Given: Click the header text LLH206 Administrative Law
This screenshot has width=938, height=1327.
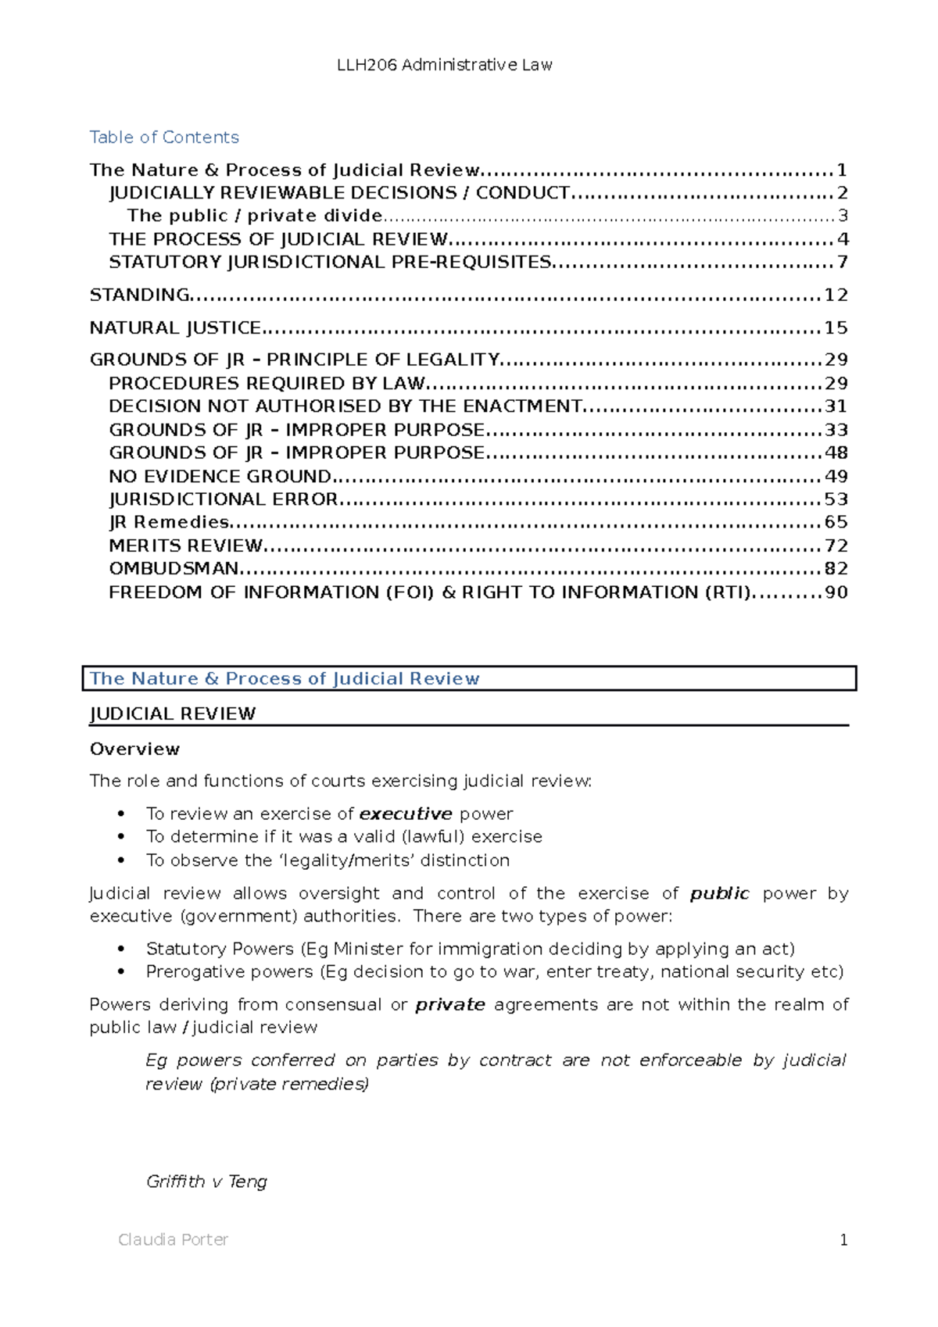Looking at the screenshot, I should click(444, 65).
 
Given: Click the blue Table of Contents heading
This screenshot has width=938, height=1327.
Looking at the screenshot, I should click(164, 138).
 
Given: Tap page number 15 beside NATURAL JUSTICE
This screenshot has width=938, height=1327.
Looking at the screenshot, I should click(836, 327).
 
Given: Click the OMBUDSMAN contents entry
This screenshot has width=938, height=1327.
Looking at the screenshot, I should click(174, 568).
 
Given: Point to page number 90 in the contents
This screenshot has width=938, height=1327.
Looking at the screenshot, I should click(836, 592).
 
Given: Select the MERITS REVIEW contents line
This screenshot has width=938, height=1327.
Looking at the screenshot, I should click(186, 545).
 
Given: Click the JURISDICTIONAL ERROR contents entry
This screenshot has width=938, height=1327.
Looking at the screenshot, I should click(224, 499).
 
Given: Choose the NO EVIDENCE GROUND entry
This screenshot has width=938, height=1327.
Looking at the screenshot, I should click(220, 476).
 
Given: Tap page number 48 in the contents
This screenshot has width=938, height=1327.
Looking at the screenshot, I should click(836, 452).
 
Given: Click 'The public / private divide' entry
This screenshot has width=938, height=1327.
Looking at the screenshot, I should click(255, 216).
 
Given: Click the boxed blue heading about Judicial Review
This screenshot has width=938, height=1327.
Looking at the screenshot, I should click(285, 678).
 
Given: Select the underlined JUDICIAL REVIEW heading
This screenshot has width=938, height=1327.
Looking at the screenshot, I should click(173, 714).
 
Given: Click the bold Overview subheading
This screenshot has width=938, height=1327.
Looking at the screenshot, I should click(134, 749).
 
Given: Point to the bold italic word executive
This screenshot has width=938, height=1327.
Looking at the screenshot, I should click(406, 814).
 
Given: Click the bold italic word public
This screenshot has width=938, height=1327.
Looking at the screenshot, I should click(719, 893).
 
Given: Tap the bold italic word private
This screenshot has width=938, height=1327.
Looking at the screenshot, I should click(449, 1004).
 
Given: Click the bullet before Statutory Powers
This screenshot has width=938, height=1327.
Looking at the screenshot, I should click(120, 949).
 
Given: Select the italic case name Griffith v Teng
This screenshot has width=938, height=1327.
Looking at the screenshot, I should click(206, 1181).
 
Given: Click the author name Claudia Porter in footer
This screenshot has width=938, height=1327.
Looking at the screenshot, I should click(173, 1239).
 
